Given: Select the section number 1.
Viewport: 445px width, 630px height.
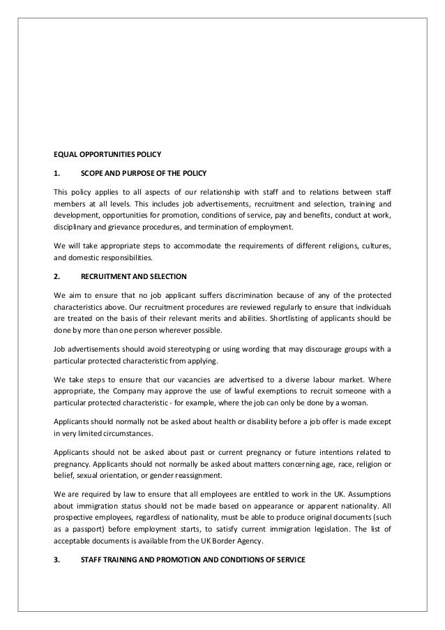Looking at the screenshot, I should coord(57,172).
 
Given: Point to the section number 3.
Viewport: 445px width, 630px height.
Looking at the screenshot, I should coord(57,558).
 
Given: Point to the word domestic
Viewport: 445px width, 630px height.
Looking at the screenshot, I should coord(80,256).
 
